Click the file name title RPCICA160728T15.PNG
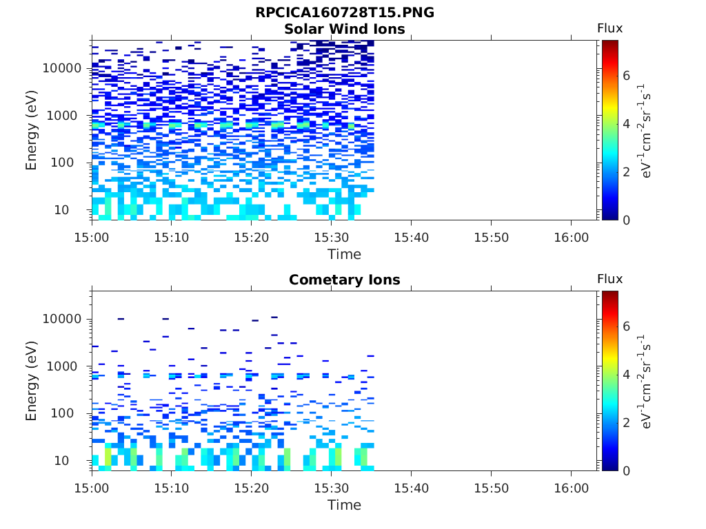(x=345, y=12)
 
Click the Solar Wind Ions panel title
(x=345, y=29)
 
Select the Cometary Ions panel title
(x=345, y=280)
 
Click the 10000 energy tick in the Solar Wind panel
(x=62, y=68)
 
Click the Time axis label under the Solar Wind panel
(x=345, y=254)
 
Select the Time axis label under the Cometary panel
(x=345, y=505)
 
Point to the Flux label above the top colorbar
(x=609, y=28)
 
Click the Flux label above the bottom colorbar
(x=609, y=279)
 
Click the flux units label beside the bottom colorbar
(x=647, y=382)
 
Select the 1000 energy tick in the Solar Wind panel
(x=66, y=116)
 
